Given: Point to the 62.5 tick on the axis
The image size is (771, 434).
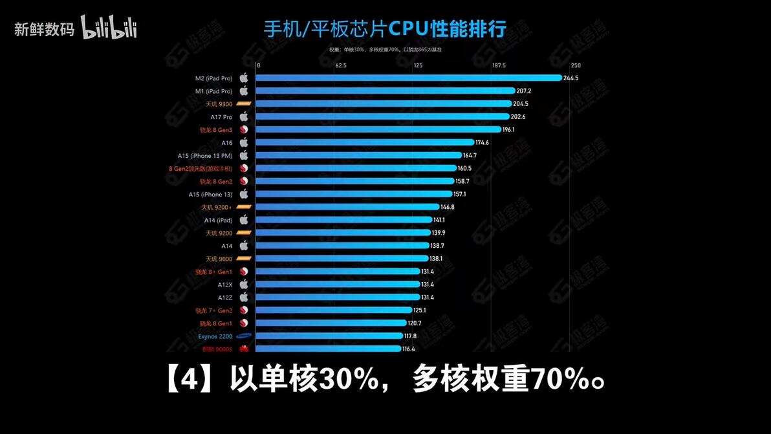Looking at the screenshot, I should [341, 65].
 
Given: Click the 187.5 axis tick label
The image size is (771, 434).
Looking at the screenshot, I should [499, 65].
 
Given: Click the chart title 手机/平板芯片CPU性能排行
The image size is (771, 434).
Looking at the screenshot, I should [385, 29].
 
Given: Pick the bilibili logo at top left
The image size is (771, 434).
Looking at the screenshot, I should [109, 28].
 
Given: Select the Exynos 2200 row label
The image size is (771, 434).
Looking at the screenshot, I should [215, 336].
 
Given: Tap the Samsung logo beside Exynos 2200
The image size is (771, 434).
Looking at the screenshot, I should [244, 336].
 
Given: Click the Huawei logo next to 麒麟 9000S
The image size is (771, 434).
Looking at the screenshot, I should [244, 349].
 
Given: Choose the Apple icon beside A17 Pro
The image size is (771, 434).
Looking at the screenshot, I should [244, 116].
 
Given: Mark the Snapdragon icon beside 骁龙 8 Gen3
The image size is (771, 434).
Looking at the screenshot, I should [244, 129].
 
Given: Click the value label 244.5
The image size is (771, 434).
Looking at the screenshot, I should [571, 78].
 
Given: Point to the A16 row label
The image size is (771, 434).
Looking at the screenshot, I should [226, 142].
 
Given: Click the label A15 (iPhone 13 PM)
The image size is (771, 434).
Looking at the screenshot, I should [205, 155].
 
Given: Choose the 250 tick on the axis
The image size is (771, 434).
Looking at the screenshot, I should [576, 65].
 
